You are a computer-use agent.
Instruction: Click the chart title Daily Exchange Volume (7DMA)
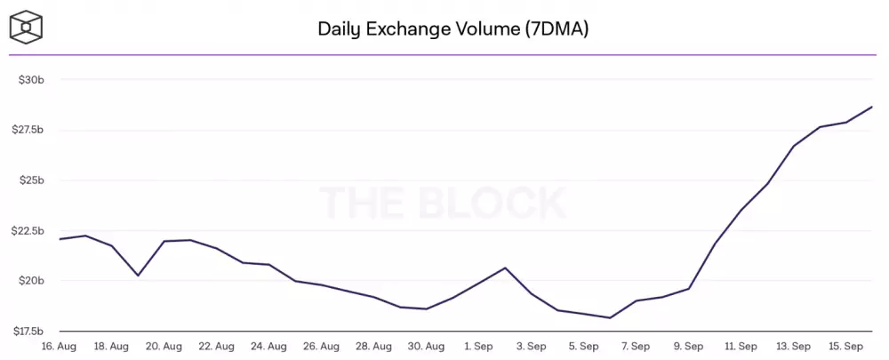(x=453, y=29)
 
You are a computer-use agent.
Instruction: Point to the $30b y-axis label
(x=31, y=80)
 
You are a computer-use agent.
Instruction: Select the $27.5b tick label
(x=27, y=130)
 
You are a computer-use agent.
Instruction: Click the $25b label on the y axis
(x=31, y=180)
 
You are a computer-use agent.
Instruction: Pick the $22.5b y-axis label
(x=27, y=231)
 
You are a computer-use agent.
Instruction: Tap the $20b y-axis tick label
(x=31, y=281)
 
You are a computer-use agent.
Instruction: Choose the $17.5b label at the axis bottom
(x=27, y=332)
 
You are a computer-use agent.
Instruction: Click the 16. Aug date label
(x=60, y=346)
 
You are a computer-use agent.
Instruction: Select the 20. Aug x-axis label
(x=164, y=346)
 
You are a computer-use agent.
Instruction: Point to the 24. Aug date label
(x=268, y=346)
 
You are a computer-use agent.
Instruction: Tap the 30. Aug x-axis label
(x=427, y=346)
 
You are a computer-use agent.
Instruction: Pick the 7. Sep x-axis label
(x=636, y=346)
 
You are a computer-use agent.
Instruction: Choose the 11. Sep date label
(x=741, y=346)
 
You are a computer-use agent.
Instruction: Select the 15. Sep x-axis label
(x=845, y=346)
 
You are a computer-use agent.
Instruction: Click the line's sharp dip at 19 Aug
(x=138, y=276)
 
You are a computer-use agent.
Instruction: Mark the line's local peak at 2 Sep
(x=505, y=268)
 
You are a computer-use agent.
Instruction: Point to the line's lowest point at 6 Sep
(x=610, y=317)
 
